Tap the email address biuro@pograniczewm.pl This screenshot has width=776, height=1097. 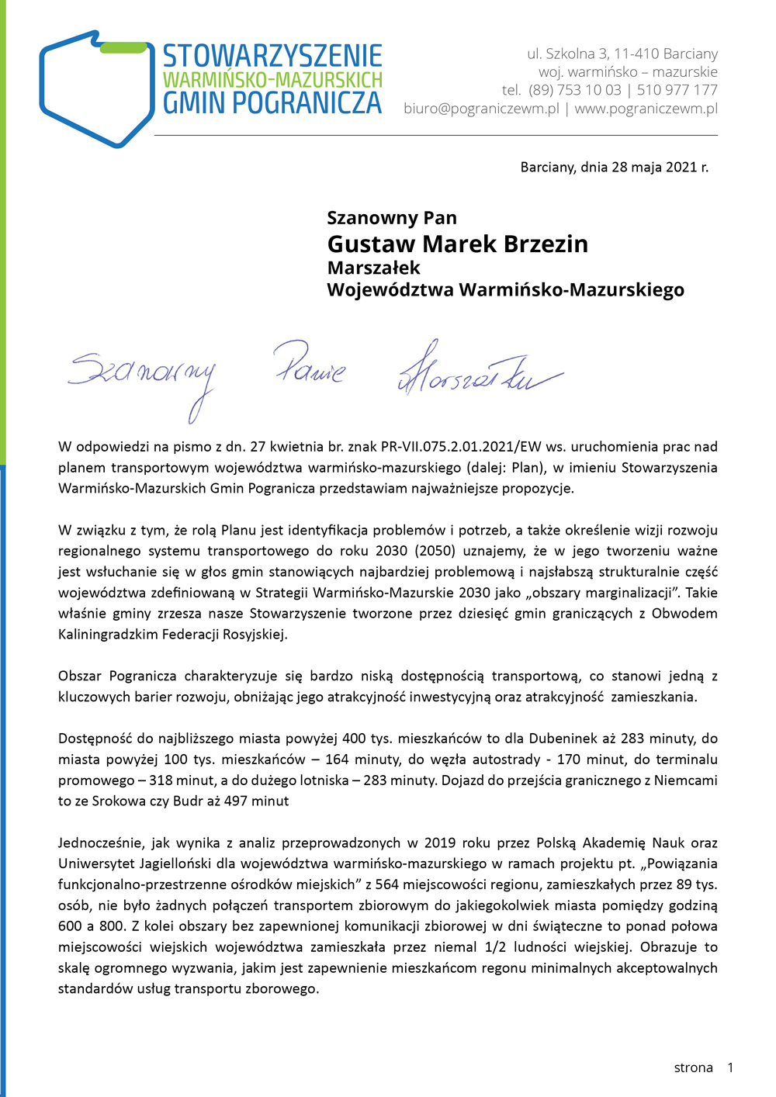click(481, 109)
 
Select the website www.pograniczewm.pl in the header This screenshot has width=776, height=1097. click(646, 109)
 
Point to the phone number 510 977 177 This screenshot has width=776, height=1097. click(677, 90)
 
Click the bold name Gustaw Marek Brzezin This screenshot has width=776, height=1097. click(457, 244)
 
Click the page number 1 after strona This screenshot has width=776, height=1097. click(729, 1068)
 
